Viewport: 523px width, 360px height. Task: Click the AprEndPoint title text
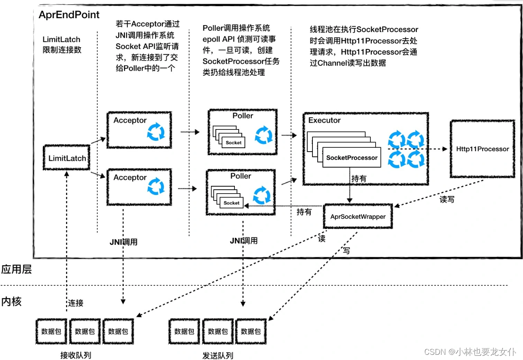click(x=69, y=15)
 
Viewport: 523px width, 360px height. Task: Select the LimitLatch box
click(x=67, y=158)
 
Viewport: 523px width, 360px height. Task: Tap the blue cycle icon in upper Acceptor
click(x=156, y=132)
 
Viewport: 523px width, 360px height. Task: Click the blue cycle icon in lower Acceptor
click(x=156, y=188)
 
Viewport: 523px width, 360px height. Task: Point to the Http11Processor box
click(x=482, y=149)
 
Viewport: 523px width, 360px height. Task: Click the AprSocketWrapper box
click(x=357, y=217)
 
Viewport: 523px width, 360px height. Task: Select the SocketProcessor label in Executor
click(x=351, y=158)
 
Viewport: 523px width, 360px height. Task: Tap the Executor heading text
click(x=325, y=120)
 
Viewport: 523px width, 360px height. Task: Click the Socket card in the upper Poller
click(x=234, y=143)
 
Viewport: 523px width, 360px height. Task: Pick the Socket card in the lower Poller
click(x=231, y=203)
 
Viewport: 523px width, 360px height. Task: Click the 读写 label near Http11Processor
click(x=447, y=200)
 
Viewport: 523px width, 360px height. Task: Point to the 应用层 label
click(x=16, y=269)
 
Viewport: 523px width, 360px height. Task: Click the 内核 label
click(x=11, y=301)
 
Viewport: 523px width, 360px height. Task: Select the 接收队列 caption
click(x=76, y=356)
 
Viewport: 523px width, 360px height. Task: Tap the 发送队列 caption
click(x=218, y=356)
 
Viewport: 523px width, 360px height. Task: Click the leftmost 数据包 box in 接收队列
click(x=51, y=331)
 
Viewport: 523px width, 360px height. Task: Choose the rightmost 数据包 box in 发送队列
click(x=251, y=331)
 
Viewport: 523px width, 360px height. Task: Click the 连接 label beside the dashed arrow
click(x=75, y=303)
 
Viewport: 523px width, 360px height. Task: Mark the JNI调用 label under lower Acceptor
click(x=124, y=242)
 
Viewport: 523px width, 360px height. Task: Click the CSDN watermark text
click(x=470, y=351)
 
